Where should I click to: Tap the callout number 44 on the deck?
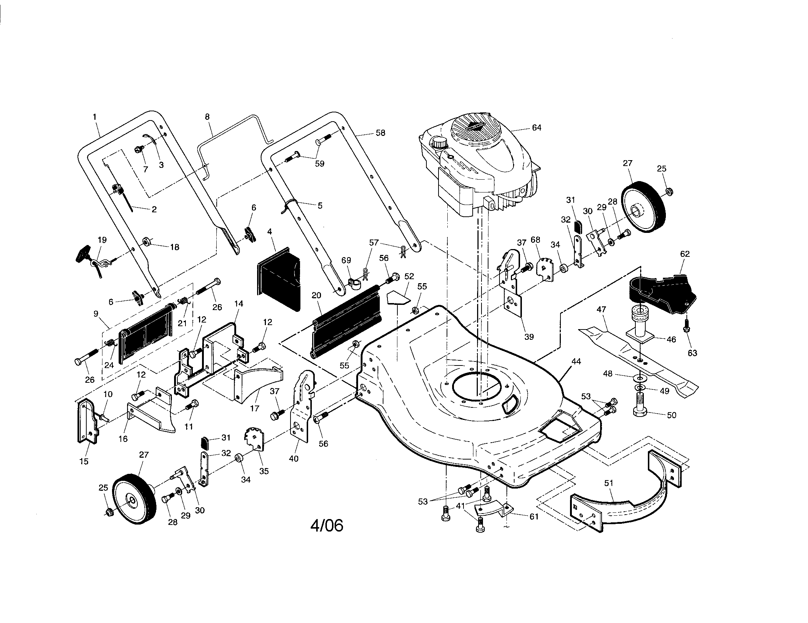[x=576, y=361]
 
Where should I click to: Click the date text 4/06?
[x=327, y=526]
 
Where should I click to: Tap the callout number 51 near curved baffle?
[x=609, y=483]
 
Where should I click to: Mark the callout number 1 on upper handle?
[x=94, y=117]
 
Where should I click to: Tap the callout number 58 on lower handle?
[x=380, y=133]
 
